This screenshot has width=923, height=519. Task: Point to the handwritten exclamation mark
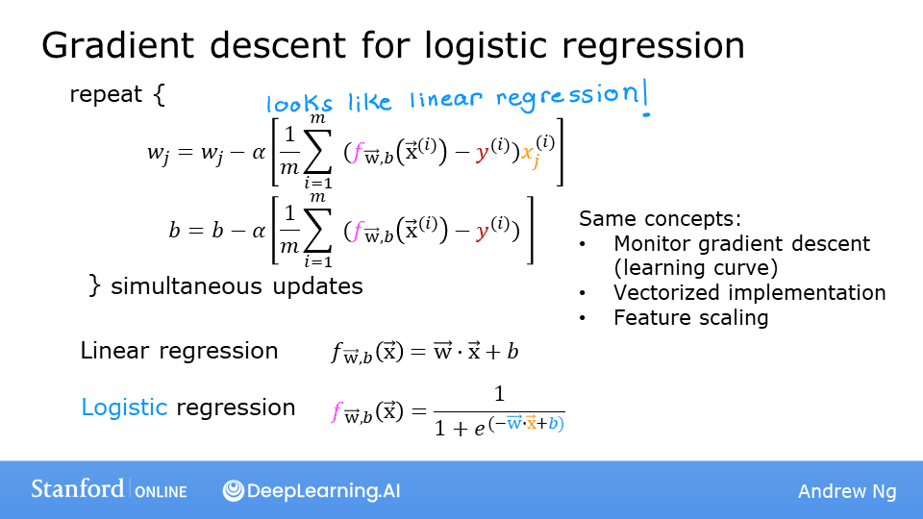click(x=644, y=99)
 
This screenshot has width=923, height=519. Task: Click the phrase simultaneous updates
click(x=237, y=285)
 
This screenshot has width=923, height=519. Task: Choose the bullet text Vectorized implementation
click(x=749, y=292)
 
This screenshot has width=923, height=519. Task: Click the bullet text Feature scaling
click(x=690, y=317)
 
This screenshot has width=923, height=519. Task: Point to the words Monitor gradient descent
click(x=741, y=244)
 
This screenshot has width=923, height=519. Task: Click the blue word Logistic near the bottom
click(x=124, y=407)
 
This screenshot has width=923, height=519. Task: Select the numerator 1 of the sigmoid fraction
click(x=498, y=394)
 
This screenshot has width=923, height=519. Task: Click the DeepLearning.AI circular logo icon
click(x=233, y=490)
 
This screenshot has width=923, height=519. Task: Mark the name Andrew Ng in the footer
click(x=846, y=491)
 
